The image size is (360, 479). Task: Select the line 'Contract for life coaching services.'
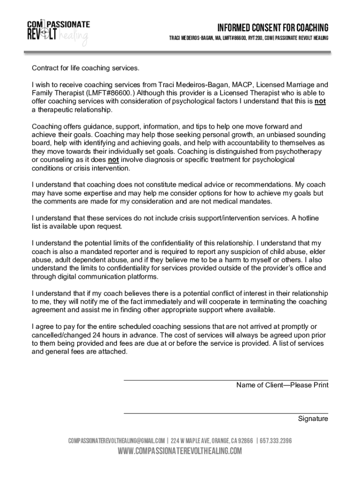point(85,68)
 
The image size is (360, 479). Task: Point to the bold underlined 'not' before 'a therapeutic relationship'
point(320,102)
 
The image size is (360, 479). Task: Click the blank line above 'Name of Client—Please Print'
point(225,380)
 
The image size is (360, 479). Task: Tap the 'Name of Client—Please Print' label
point(282,385)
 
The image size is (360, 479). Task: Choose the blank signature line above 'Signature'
point(225,414)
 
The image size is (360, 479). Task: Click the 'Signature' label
point(313,419)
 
